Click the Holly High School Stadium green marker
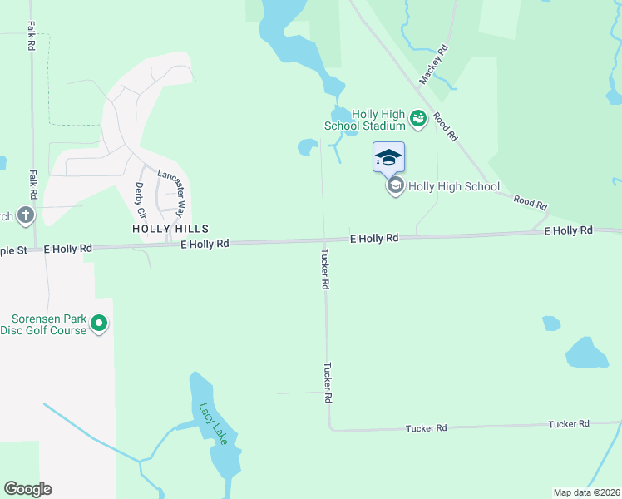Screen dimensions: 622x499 pyautogui.click(x=418, y=121)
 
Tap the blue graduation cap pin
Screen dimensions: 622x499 pyautogui.click(x=388, y=157)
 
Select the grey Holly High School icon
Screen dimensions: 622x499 pyautogui.click(x=395, y=186)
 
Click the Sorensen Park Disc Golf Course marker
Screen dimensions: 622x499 pyautogui.click(x=99, y=324)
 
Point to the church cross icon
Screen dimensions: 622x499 pyautogui.click(x=26, y=216)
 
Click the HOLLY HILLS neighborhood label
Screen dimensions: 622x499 pyautogui.click(x=170, y=228)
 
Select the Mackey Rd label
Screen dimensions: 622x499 pyautogui.click(x=434, y=64)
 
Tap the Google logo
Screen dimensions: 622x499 pyautogui.click(x=27, y=489)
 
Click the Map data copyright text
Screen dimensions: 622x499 pyautogui.click(x=586, y=492)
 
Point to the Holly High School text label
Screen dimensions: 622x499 pyautogui.click(x=454, y=187)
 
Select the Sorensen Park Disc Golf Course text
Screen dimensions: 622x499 pyautogui.click(x=48, y=324)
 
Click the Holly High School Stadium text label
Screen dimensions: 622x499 pyautogui.click(x=365, y=120)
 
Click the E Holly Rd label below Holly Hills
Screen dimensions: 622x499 pyautogui.click(x=205, y=244)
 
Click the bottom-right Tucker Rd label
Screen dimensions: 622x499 pyautogui.click(x=569, y=424)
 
